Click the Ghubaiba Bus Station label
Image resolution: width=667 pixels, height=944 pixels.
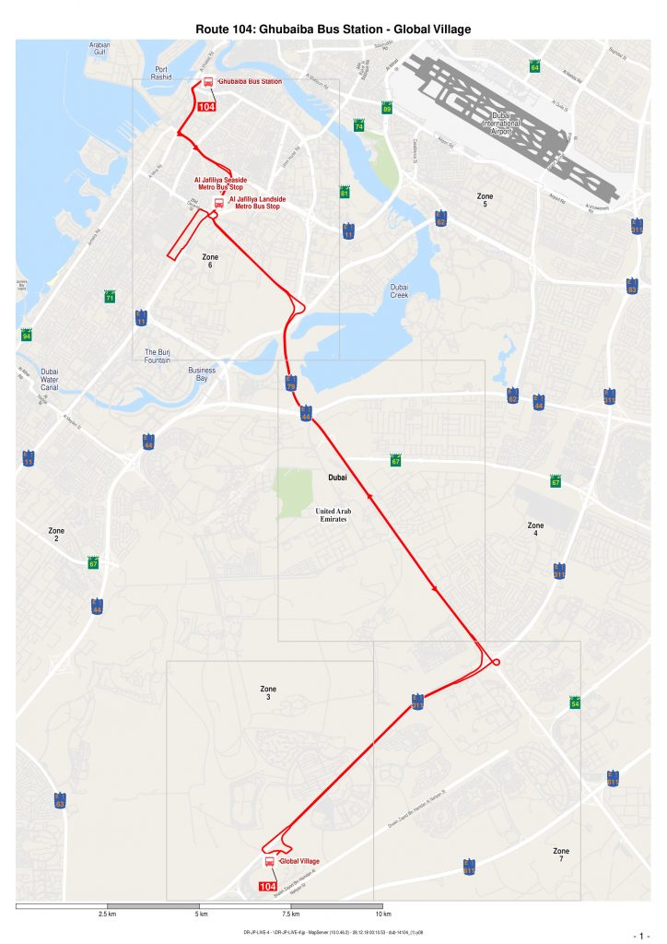point(250,82)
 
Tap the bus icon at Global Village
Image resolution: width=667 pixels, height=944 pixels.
point(270,861)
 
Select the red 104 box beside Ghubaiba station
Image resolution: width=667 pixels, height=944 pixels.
point(206,107)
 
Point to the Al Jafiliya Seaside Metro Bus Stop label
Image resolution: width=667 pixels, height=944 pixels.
point(220,183)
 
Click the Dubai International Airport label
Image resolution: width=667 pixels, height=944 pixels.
point(501,123)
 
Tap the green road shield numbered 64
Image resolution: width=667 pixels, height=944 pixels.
point(534,66)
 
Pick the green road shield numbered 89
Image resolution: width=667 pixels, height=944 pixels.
point(387,109)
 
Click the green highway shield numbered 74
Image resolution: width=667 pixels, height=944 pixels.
point(358,126)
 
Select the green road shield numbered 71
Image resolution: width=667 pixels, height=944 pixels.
point(110,298)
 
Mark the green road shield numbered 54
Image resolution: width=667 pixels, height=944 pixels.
point(575,703)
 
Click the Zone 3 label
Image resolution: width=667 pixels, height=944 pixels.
point(268,692)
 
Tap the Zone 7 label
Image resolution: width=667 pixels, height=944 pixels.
point(560,855)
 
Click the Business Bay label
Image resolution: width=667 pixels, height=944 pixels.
point(202,374)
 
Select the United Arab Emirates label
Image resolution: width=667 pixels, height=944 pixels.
point(333,515)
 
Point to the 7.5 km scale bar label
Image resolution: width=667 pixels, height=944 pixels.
point(290,914)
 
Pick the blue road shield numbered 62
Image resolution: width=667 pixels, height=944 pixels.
point(440,219)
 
